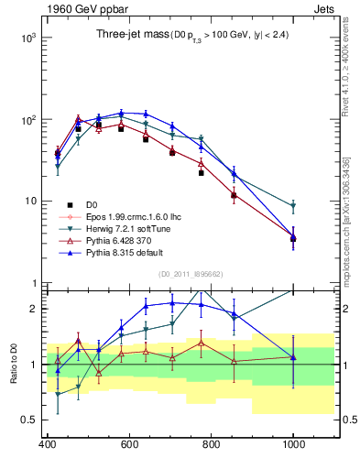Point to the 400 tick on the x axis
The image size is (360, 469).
pyautogui.click(x=47, y=443)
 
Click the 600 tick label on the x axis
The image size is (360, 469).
pyautogui.click(x=129, y=443)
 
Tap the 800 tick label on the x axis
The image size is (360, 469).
pyautogui.click(x=211, y=443)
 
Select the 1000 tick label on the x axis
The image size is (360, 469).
pyautogui.click(x=293, y=443)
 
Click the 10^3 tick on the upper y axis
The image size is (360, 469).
pyautogui.click(x=26, y=38)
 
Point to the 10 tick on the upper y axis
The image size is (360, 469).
pyautogui.click(x=27, y=202)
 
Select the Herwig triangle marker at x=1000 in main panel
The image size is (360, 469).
pyautogui.click(x=293, y=207)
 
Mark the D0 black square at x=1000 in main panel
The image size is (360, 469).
pyautogui.click(x=293, y=239)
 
